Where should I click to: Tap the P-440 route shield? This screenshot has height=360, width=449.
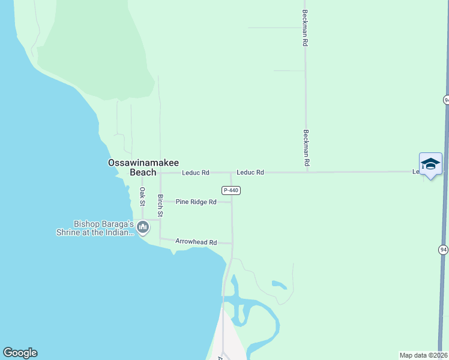point(231,190)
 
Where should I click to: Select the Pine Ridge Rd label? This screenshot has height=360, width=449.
point(196,202)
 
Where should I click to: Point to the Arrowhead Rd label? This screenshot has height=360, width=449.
point(196,242)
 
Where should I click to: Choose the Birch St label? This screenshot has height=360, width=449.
point(160,205)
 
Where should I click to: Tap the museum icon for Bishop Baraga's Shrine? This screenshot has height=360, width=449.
point(143,227)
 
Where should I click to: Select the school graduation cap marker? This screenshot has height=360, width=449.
point(430,163)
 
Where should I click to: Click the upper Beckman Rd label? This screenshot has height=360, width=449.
point(306,28)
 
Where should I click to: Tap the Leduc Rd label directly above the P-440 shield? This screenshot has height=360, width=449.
point(250,172)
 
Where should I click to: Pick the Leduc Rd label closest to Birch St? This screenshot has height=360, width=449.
point(196,173)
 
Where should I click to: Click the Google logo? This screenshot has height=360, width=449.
point(20,353)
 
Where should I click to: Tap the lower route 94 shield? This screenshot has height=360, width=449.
point(442,248)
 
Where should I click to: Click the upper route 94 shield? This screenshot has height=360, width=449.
point(446,100)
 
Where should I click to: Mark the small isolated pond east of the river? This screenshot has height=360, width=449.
point(279,284)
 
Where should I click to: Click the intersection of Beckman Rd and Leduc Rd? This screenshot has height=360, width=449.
point(307,172)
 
